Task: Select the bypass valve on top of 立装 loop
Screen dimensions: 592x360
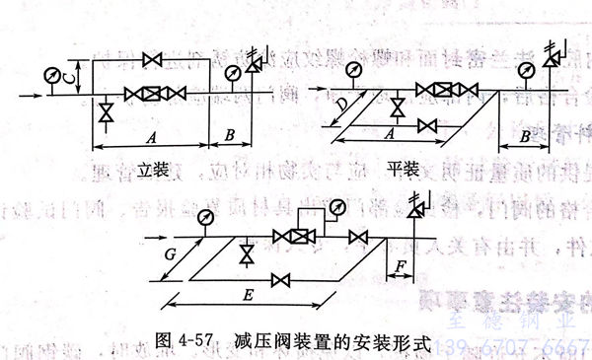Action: click(x=151, y=61)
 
